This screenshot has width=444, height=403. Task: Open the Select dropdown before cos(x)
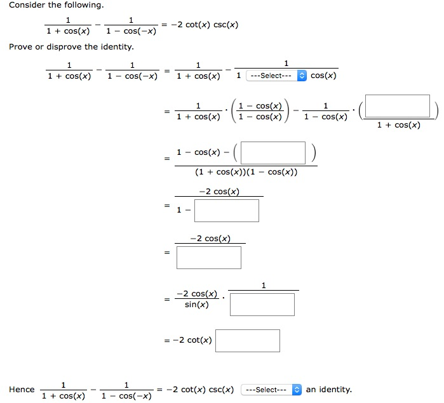[276, 76]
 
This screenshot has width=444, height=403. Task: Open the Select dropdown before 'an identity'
[271, 390]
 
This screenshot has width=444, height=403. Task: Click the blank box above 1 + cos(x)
[398, 107]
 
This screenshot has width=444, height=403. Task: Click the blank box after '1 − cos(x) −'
[274, 152]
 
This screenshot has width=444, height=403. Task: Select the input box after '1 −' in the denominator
[227, 211]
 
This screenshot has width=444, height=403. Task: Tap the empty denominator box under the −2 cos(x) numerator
[209, 258]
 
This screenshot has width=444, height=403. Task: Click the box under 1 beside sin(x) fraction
[262, 305]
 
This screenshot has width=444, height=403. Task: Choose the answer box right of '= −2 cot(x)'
[248, 340]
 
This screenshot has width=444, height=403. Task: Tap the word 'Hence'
[22, 390]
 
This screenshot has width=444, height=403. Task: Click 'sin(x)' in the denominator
[196, 305]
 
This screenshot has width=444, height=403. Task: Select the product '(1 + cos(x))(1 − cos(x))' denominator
[247, 172]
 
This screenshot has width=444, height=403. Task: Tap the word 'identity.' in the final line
[335, 390]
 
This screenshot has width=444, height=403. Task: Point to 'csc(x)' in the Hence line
[219, 390]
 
